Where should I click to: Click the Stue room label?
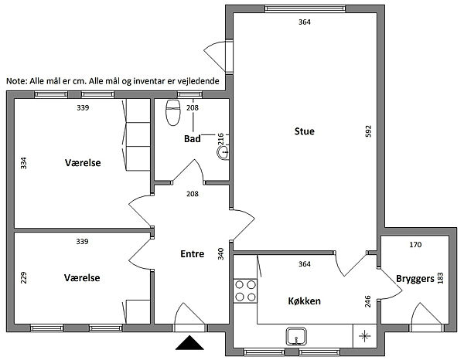(304, 131)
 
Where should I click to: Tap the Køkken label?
(304, 301)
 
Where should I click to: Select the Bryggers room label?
(415, 279)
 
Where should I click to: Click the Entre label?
(193, 254)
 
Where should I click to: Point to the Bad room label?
(193, 138)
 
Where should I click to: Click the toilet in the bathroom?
(173, 113)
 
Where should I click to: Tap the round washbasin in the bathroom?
(223, 152)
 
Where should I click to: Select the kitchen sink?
(296, 336)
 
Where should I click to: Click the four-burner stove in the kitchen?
(245, 290)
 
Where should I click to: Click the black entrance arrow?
(189, 343)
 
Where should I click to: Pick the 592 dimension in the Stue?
(368, 131)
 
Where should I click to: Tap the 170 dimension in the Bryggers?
(415, 245)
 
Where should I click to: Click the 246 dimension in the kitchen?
(367, 301)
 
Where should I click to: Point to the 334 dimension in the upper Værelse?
(23, 163)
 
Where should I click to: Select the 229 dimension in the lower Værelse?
(23, 278)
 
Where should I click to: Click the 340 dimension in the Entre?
(220, 254)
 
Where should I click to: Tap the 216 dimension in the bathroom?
(220, 139)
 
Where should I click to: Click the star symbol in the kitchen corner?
(364, 336)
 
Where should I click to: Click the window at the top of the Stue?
(305, 8)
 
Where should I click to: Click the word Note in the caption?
(16, 81)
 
